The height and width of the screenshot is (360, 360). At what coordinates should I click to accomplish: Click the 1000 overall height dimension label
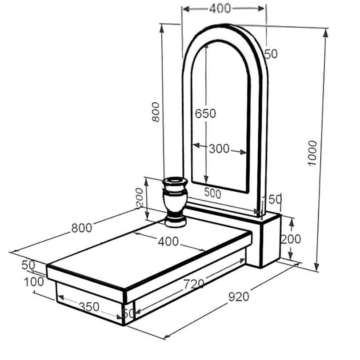(x=312, y=153)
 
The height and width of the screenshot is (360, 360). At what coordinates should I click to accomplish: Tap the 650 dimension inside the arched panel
(x=205, y=114)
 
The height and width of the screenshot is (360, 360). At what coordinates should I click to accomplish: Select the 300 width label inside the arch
(x=219, y=149)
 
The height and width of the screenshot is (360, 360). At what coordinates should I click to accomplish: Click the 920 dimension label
(x=239, y=297)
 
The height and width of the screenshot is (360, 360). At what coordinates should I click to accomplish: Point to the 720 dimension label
(x=194, y=284)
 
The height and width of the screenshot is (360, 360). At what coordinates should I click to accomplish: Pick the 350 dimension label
(x=89, y=306)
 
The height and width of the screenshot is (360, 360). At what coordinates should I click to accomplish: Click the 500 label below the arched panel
(x=212, y=193)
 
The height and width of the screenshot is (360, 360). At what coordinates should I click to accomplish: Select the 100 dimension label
(x=34, y=282)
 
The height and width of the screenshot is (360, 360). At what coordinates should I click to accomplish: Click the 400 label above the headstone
(x=220, y=9)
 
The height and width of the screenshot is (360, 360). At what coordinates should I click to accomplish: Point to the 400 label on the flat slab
(x=168, y=241)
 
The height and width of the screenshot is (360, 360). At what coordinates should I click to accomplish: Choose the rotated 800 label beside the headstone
(x=156, y=112)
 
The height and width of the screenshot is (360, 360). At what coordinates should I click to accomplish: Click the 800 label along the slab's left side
(x=82, y=228)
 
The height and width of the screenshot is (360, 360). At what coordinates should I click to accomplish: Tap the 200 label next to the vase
(x=139, y=198)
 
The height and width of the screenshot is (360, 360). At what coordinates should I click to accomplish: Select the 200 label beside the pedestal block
(x=291, y=239)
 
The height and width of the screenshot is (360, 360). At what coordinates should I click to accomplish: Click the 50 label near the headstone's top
(x=271, y=54)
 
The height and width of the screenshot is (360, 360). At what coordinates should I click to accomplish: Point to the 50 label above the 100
(x=28, y=265)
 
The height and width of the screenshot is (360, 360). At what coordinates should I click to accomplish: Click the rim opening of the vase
(x=175, y=180)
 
